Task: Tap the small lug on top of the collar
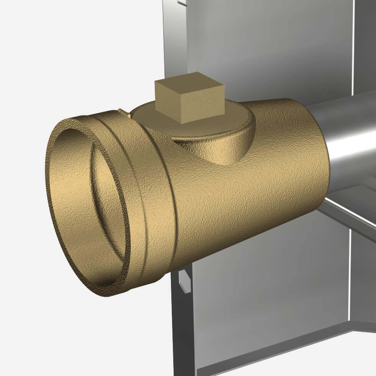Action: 123,112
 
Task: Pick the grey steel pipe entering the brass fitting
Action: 349,138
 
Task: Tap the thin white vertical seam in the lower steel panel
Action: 350,276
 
